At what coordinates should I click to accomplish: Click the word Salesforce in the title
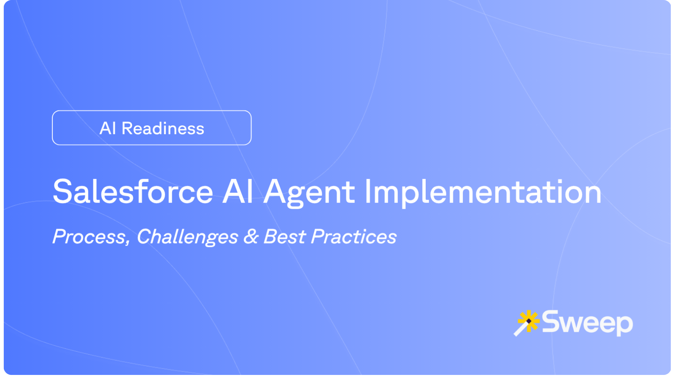pyautogui.click(x=133, y=192)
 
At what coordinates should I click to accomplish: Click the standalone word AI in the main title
pyautogui.click(x=238, y=192)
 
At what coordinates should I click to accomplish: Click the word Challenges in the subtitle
pyautogui.click(x=187, y=237)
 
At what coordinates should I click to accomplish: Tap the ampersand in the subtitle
pyautogui.click(x=251, y=236)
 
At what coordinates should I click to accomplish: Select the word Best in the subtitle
pyautogui.click(x=284, y=236)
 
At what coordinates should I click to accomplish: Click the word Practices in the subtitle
pyautogui.click(x=354, y=236)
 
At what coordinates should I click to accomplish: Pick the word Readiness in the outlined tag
pyautogui.click(x=163, y=128)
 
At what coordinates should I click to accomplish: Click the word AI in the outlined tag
pyautogui.click(x=108, y=128)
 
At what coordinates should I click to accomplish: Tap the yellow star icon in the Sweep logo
pyautogui.click(x=529, y=321)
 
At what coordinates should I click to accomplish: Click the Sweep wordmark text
pyautogui.click(x=587, y=323)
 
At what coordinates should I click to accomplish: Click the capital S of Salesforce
pyautogui.click(x=64, y=192)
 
